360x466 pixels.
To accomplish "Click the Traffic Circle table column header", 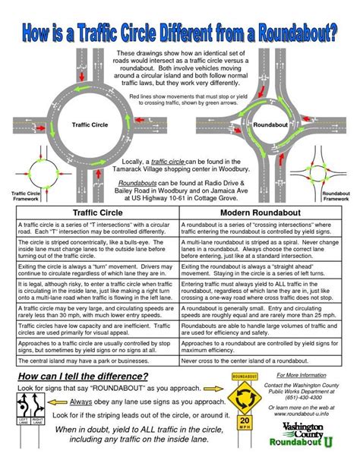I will pos(96,213).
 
